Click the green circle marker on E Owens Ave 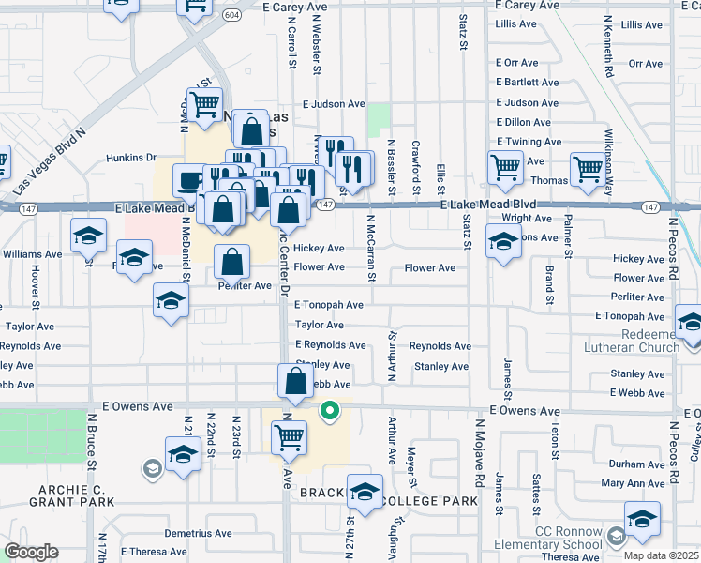[329, 410]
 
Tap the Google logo [31, 552]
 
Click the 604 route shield [231, 16]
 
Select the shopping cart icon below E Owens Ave [289, 437]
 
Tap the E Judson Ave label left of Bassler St [334, 104]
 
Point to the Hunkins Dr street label [130, 158]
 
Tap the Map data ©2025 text [661, 555]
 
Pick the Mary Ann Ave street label [633, 483]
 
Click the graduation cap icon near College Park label [365, 490]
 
